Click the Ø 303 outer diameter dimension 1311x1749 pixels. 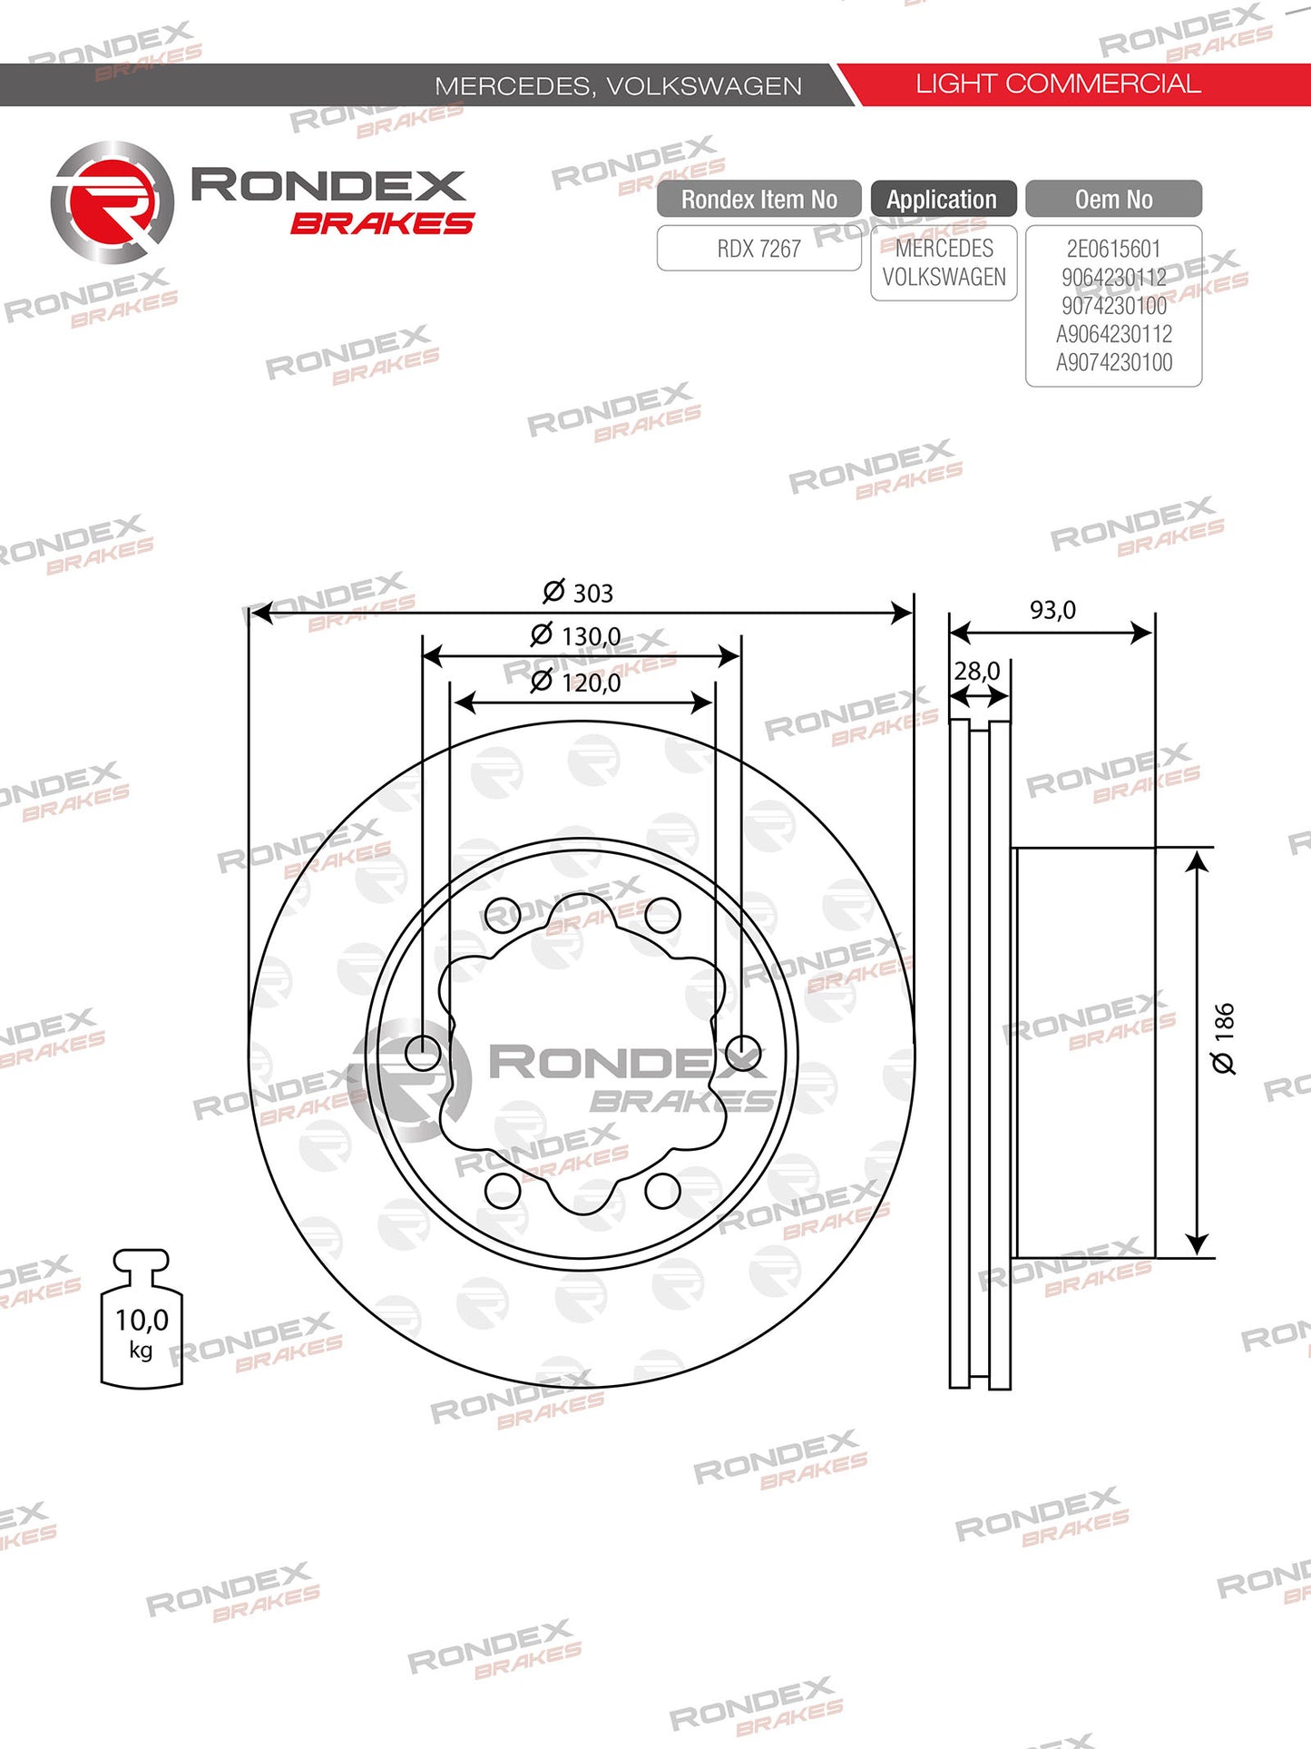pos(578,593)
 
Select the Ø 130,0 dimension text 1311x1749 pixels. pos(576,635)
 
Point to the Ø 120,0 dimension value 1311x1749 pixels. pos(576,682)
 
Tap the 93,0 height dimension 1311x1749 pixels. pos(1052,610)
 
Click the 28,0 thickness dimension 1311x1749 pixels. pos(977,672)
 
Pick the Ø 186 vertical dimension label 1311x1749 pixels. pos(1224,1038)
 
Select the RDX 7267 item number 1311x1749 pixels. pos(758,249)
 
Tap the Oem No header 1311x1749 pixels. pos(1113,199)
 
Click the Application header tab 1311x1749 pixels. pos(943,199)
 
